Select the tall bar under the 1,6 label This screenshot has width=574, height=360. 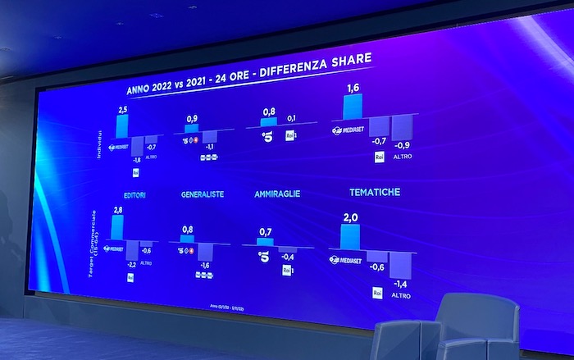353,107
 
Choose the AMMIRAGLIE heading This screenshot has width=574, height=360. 277,194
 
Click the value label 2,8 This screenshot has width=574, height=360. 118,211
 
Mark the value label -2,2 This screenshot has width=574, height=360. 130,264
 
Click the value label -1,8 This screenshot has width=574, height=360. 136,160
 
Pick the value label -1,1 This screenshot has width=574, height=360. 208,146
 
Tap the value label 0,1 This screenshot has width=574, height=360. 291,118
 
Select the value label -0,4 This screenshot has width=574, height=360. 288,255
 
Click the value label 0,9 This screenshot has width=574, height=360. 192,119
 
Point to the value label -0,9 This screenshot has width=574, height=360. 402,145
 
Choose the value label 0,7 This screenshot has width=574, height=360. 264,233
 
